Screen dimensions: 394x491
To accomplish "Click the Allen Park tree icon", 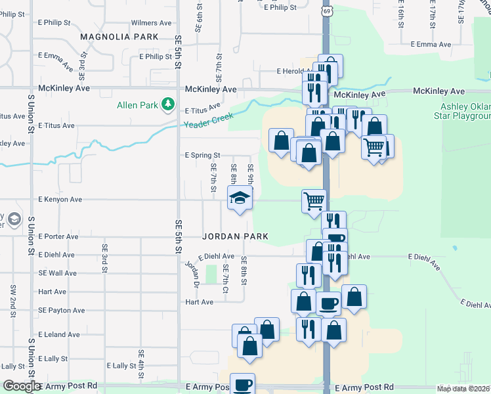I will (x=168, y=104).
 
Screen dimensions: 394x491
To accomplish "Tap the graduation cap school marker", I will (x=240, y=198).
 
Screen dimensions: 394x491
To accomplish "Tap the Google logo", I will (x=22, y=386).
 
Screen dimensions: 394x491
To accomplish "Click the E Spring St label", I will (x=200, y=156).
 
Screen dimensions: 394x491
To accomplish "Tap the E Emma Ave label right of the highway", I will (x=431, y=45).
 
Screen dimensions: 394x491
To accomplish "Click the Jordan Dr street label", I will (x=192, y=274).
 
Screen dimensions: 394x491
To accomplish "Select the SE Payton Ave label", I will (x=61, y=310).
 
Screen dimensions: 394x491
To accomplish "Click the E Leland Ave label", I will (x=58, y=335).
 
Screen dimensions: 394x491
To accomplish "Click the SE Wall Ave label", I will (x=58, y=273).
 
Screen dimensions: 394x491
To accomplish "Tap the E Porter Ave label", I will (x=58, y=236).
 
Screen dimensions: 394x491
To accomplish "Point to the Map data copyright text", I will (x=463, y=389).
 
